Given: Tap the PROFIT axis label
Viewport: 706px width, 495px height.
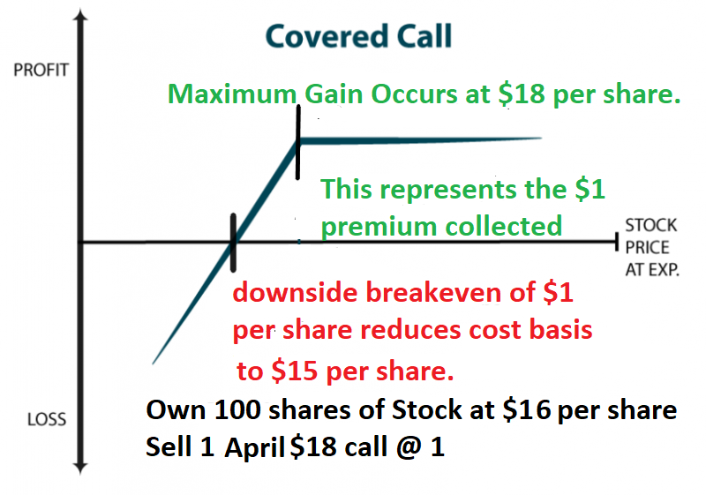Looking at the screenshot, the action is pos(41,71).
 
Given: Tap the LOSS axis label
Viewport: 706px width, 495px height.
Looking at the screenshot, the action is pos(47,419).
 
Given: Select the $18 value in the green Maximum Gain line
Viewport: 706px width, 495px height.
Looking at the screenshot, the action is pos(522,94).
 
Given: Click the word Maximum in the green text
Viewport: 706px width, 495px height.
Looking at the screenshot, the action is pos(232,94).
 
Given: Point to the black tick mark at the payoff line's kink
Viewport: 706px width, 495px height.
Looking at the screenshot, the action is pos(298,143).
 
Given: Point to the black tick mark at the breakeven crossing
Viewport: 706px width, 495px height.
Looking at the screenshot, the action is pos(233,243).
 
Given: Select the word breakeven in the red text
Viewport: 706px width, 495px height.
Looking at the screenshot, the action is pos(433,293).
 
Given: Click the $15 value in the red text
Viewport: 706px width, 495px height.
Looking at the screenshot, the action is pos(295,371).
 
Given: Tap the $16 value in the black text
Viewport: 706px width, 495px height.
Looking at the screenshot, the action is pos(526,410).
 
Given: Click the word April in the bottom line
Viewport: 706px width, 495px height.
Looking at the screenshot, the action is pos(254,447).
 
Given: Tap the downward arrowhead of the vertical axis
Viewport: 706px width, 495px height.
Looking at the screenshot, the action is pos(80,468).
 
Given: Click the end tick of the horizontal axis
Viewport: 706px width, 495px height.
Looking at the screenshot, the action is pos(617,242).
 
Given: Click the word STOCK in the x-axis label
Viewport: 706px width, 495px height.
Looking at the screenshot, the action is pos(651,225).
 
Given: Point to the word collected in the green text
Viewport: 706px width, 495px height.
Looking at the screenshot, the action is pos(504,226).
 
